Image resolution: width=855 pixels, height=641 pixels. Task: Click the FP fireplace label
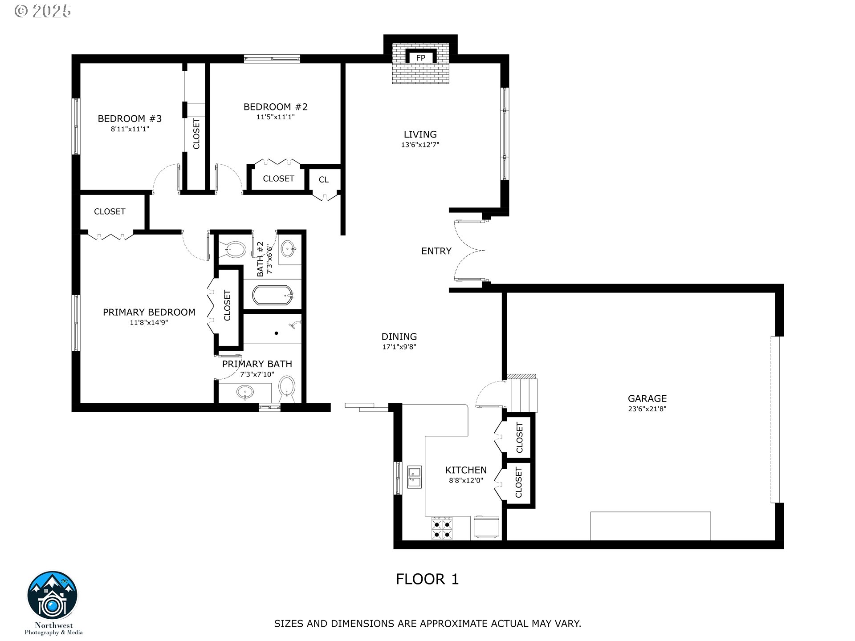click(x=420, y=58)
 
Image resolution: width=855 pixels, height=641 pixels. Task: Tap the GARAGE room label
click(x=647, y=398)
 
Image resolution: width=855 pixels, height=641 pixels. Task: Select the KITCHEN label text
click(x=466, y=470)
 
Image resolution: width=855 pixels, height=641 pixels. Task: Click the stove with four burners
click(x=442, y=528)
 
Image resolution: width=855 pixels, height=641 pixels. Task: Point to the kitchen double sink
click(x=414, y=477)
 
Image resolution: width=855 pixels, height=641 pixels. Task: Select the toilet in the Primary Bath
click(x=287, y=389)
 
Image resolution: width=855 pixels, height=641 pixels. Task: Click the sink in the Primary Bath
click(x=245, y=393)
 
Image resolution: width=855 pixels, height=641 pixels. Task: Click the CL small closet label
click(x=324, y=179)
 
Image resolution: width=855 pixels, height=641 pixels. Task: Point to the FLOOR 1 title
click(x=427, y=579)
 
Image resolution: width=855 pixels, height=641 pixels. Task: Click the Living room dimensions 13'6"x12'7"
click(x=420, y=145)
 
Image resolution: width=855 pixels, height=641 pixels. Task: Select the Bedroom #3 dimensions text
click(x=130, y=129)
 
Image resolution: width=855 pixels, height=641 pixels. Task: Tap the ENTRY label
click(x=436, y=251)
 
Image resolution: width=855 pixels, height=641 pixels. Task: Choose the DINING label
click(x=399, y=337)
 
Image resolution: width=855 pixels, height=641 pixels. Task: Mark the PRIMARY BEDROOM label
click(x=149, y=312)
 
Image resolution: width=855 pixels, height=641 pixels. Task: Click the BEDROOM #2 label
click(x=276, y=107)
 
